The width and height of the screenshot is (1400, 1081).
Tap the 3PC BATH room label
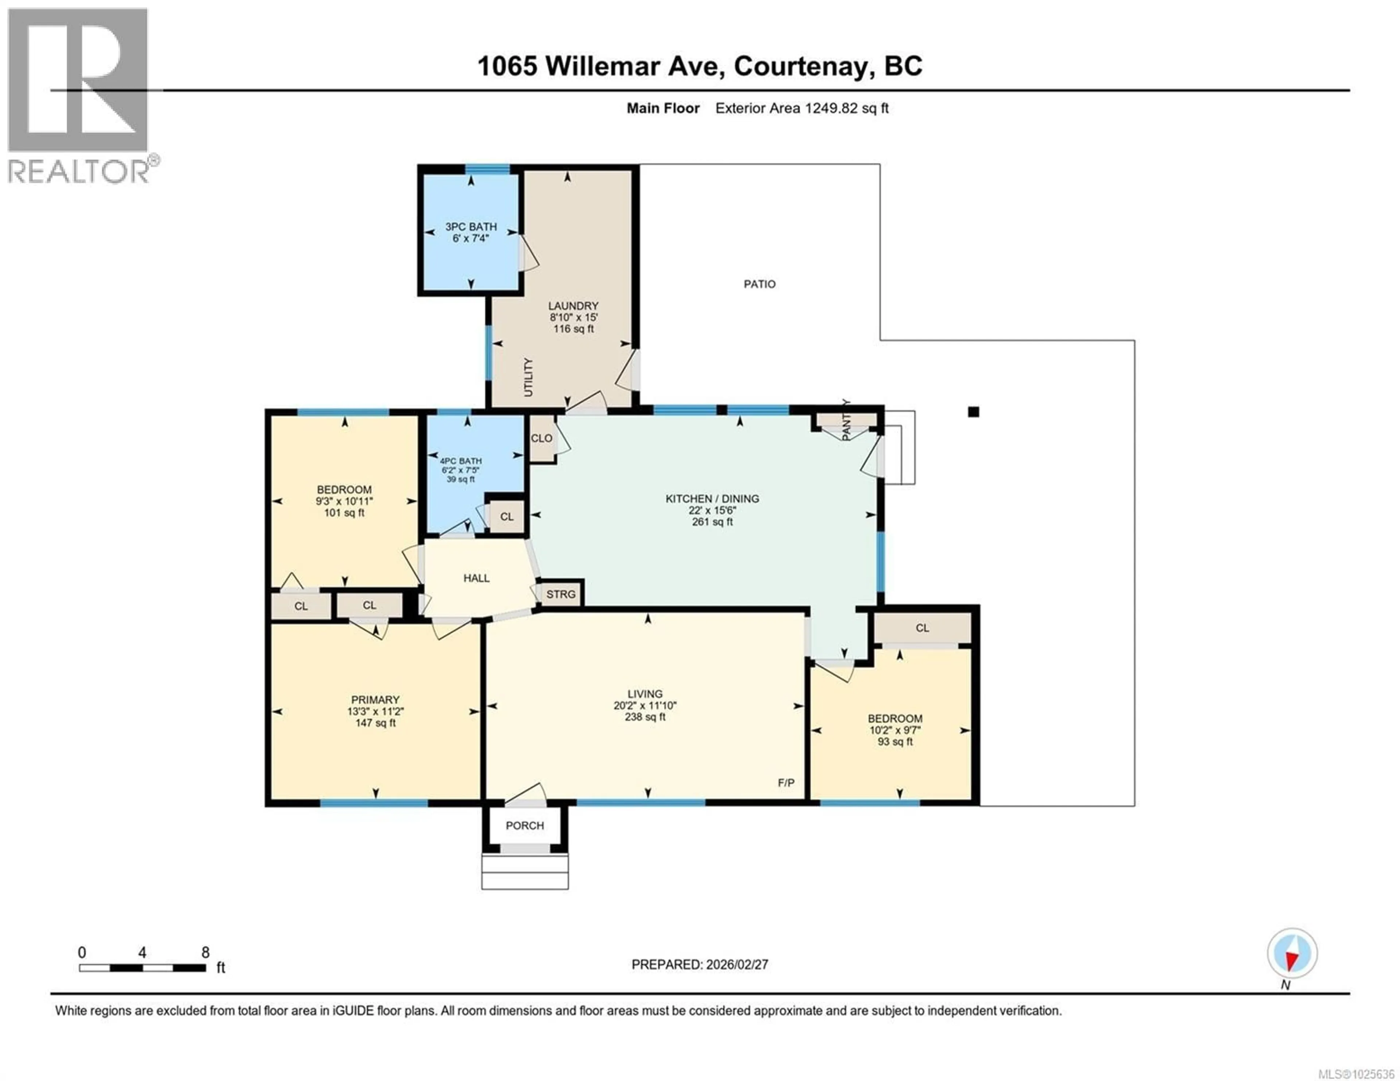click(471, 227)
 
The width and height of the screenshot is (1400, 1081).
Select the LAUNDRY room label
click(573, 306)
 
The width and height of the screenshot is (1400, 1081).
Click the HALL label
click(476, 578)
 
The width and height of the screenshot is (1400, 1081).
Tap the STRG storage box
click(560, 594)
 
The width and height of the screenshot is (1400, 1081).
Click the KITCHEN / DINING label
click(712, 498)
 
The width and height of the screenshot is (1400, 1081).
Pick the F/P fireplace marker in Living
click(786, 782)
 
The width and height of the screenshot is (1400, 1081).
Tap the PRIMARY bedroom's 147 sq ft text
click(375, 723)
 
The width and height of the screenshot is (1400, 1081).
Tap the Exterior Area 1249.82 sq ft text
click(801, 108)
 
